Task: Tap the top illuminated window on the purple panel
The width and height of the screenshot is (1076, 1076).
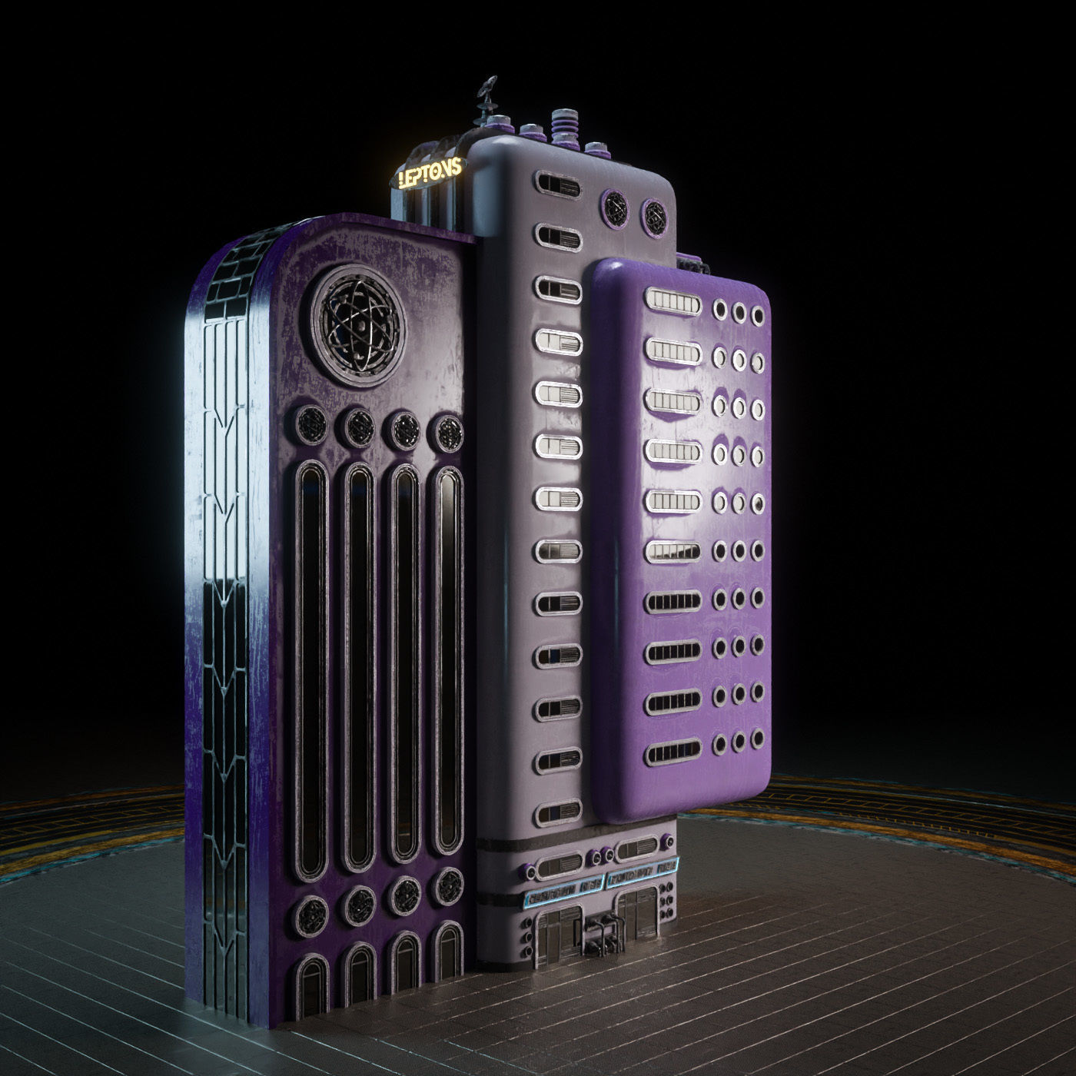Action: coord(673,302)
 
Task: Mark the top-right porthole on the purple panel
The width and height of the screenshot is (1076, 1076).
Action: coord(758,313)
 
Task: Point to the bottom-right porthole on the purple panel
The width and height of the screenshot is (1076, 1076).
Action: coord(758,741)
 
